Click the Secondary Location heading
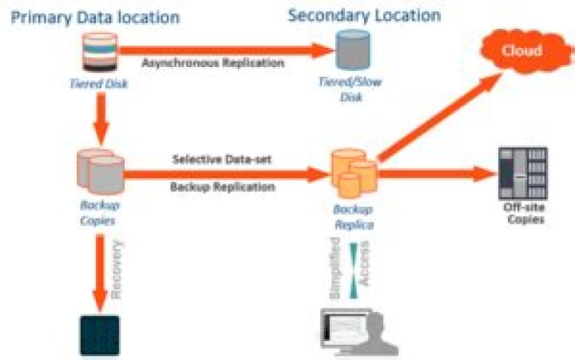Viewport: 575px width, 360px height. pos(364,15)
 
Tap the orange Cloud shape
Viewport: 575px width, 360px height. pos(521,51)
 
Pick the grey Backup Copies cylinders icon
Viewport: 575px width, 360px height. pos(101,171)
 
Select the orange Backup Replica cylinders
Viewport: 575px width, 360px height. pos(353,175)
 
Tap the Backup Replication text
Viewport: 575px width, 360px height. pos(223,187)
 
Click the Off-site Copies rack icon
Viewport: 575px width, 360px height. pos(522,173)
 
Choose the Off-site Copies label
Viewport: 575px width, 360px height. pos(525,214)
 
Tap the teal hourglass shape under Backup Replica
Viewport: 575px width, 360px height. pos(352,266)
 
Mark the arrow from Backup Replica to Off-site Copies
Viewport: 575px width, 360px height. pos(435,172)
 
